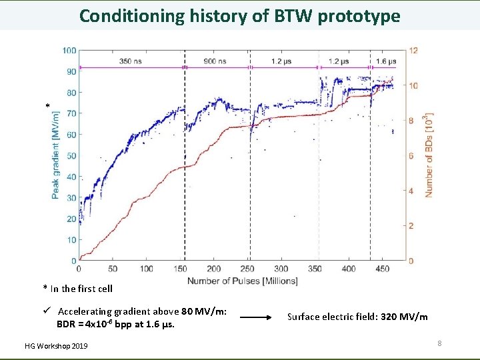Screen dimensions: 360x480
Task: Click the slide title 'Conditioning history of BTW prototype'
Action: tap(239, 15)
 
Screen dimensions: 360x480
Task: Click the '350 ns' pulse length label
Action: tap(130, 61)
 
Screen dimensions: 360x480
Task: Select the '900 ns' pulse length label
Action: tap(215, 61)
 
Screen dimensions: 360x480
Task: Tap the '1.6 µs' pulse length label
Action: tap(385, 61)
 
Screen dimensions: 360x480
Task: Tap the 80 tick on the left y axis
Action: tap(70, 93)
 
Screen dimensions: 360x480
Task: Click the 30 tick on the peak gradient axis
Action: tap(70, 198)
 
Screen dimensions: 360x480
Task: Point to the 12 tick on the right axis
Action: tap(414, 51)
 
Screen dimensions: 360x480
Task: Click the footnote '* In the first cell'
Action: tap(78, 289)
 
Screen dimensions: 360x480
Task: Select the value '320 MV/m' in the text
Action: tap(404, 317)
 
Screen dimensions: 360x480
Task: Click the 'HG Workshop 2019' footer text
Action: tap(55, 345)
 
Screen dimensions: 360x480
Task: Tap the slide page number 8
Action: tap(439, 343)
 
